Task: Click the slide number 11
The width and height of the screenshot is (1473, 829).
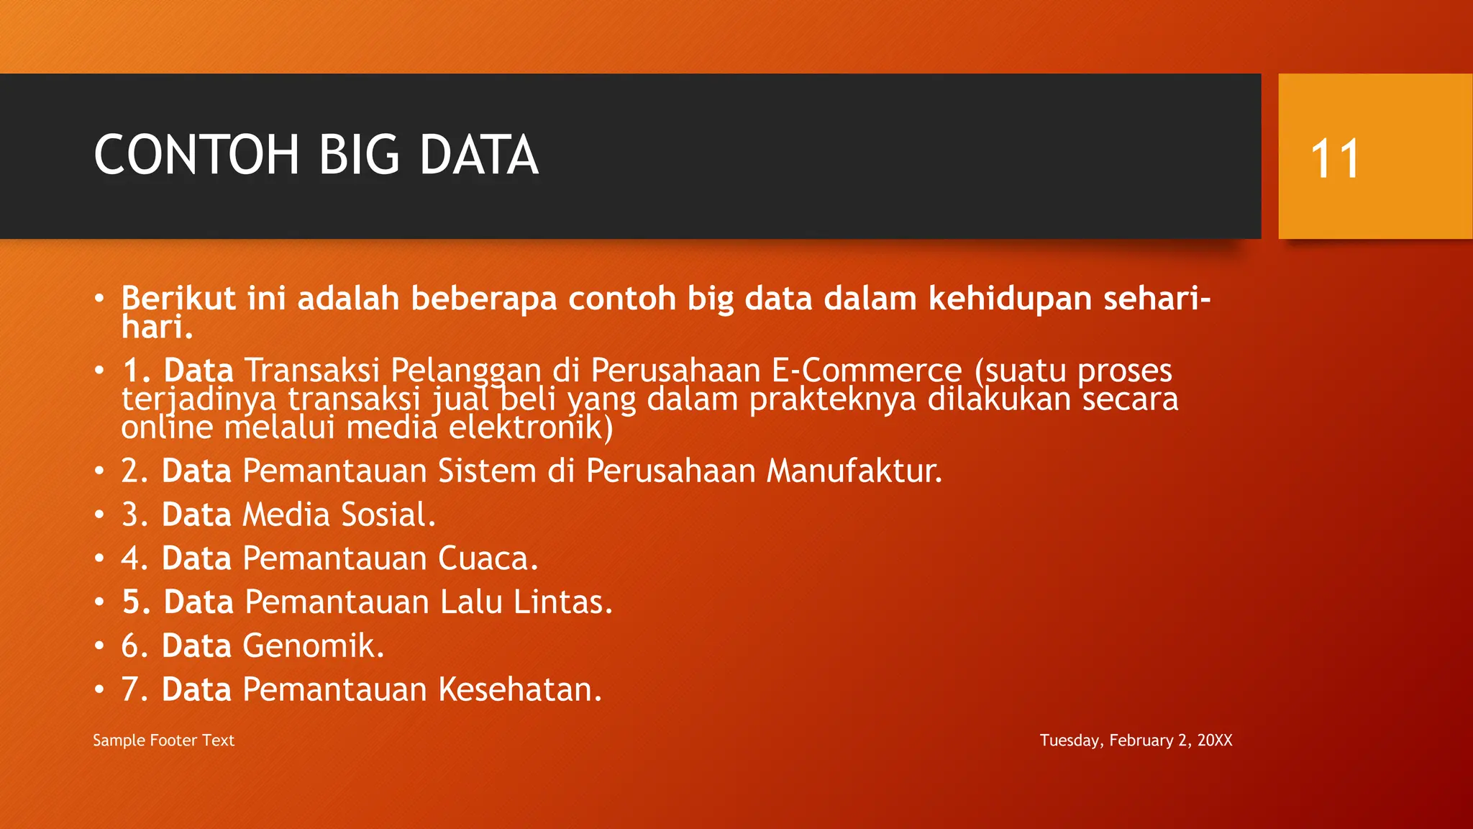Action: pos(1335,158)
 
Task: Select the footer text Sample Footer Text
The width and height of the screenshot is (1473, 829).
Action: pos(163,740)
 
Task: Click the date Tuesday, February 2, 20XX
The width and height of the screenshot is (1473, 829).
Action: pos(1136,740)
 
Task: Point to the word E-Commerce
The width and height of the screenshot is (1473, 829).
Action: pos(866,371)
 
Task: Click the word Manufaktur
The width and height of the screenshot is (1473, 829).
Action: pos(854,471)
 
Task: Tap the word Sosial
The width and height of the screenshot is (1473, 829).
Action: pos(388,515)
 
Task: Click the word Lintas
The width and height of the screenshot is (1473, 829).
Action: pos(562,602)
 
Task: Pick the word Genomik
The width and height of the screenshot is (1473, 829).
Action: pos(313,646)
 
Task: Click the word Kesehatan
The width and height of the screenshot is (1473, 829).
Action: pos(519,690)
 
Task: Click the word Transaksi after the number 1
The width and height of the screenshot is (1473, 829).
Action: pos(311,371)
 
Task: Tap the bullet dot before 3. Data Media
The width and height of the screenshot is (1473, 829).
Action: pos(99,515)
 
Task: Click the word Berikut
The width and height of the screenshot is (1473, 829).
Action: pos(178,299)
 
